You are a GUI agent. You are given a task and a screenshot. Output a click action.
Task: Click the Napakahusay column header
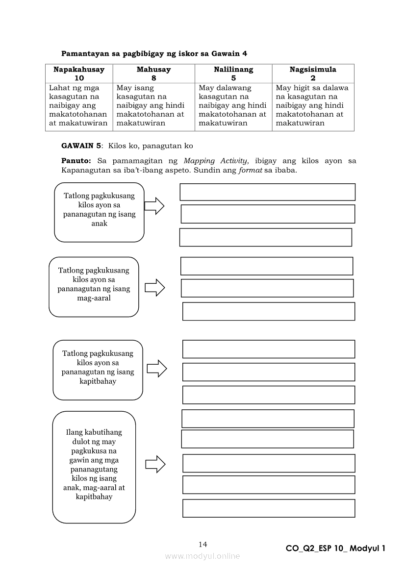point(79,70)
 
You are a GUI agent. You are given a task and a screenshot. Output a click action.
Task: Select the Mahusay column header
point(153,70)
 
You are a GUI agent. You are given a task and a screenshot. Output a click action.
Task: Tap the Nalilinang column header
point(233,70)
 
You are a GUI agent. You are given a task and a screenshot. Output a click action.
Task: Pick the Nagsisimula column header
point(313,70)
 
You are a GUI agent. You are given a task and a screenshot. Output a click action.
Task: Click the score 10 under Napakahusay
point(79,78)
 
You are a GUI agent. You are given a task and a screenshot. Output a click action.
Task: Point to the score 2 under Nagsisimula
point(313,78)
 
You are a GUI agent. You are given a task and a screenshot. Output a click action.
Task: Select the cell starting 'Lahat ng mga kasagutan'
point(78,105)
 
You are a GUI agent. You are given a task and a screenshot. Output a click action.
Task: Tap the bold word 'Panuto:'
point(76,161)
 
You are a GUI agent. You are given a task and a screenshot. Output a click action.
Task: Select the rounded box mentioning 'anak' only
point(99,212)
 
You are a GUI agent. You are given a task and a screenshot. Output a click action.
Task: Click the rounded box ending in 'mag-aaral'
point(94,287)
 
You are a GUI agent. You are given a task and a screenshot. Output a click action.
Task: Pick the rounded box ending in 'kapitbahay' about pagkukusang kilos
point(98,370)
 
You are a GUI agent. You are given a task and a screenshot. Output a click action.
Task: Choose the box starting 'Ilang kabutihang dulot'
point(94,467)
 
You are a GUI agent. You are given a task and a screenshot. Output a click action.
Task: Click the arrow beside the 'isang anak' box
point(154,206)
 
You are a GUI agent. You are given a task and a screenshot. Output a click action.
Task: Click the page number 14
point(203,544)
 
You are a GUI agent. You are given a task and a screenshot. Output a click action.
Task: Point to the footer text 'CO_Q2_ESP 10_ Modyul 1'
point(335,548)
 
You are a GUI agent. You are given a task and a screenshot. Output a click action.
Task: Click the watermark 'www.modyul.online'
point(202,556)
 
